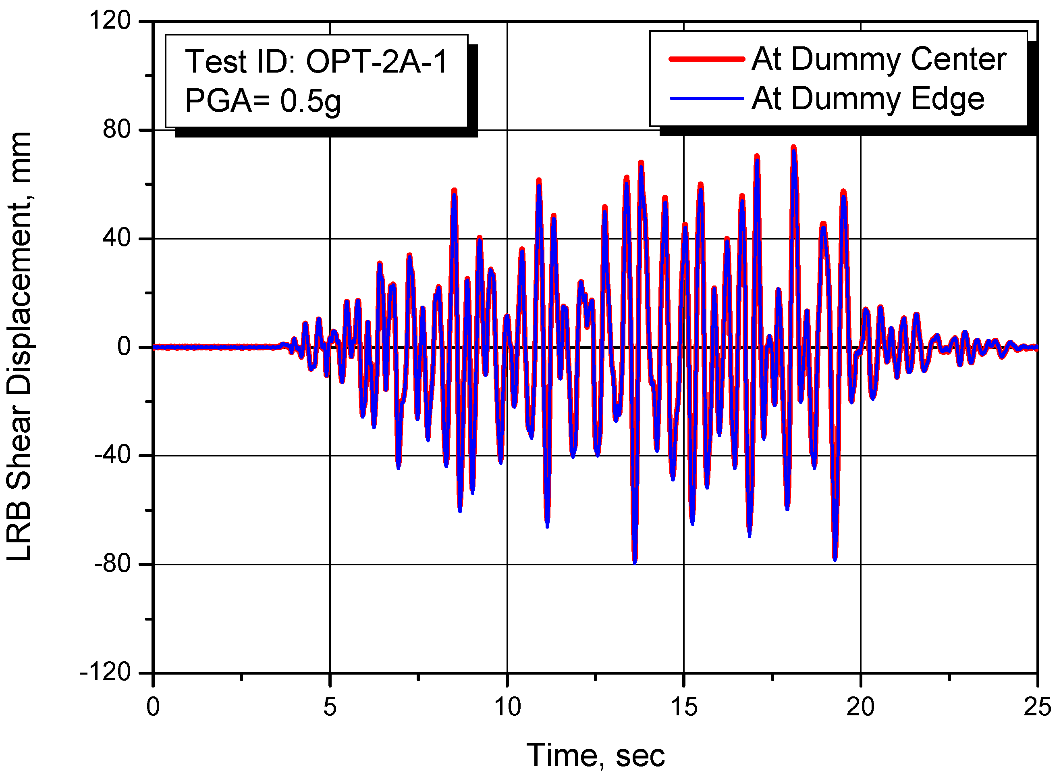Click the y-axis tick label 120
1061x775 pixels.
pos(110,21)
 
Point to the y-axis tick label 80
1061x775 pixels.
pos(116,130)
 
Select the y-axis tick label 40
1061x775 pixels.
pos(116,238)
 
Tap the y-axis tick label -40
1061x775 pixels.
pos(112,455)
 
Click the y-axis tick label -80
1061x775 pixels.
pos(112,564)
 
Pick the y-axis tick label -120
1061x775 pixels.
pos(106,672)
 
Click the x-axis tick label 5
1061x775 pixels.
pos(330,706)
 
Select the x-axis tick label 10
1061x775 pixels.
pos(507,706)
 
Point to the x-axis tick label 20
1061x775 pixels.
pos(860,706)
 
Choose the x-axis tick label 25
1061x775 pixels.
pos(1037,706)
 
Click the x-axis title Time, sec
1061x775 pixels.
pos(596,755)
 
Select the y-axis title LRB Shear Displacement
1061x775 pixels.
pos(20,347)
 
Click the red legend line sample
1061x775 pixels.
pos(706,59)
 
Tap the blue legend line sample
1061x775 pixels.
pos(706,98)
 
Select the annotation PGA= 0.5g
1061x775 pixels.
pos(263,101)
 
